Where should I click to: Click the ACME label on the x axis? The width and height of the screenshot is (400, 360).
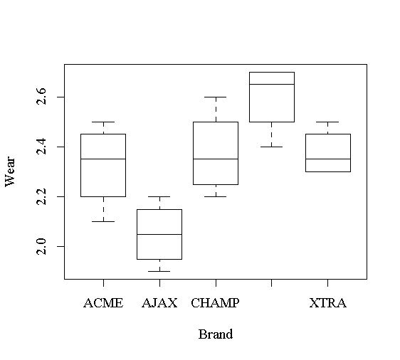coord(103,303)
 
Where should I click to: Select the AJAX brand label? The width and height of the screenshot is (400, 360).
coord(159,303)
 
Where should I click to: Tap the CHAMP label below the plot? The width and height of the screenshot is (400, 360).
coord(216,303)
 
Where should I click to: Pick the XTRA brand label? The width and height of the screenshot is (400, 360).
coord(328,303)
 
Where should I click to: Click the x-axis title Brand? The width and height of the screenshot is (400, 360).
coord(216,334)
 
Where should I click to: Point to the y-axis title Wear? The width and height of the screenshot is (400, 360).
coord(11,171)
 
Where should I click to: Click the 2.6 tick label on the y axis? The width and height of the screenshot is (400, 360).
coord(41,96)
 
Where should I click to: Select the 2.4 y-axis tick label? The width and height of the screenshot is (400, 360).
coord(41,147)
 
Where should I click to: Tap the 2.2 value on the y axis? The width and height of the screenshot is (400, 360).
coord(41,196)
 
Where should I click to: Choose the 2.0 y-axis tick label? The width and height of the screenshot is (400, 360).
coord(41,246)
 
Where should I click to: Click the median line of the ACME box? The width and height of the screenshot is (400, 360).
coord(103,159)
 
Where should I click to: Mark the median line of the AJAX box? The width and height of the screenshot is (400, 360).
coord(159,234)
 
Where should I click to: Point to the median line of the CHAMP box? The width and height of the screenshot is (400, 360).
coord(216,159)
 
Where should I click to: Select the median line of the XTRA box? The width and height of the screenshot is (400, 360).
coord(328,159)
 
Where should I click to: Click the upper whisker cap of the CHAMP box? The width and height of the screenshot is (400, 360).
coord(216,97)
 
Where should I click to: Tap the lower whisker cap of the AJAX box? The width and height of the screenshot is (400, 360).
coord(159,271)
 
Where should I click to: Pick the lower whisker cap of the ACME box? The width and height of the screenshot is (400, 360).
coord(103,221)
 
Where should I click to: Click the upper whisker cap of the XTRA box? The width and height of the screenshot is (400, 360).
coord(328,122)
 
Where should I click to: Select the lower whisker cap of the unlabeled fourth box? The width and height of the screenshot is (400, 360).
coord(272,147)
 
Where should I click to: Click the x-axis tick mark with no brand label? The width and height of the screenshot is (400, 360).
coord(272,283)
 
